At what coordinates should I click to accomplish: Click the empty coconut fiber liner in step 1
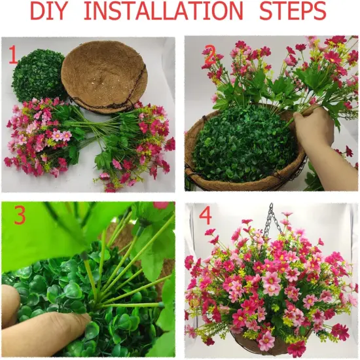105,76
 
